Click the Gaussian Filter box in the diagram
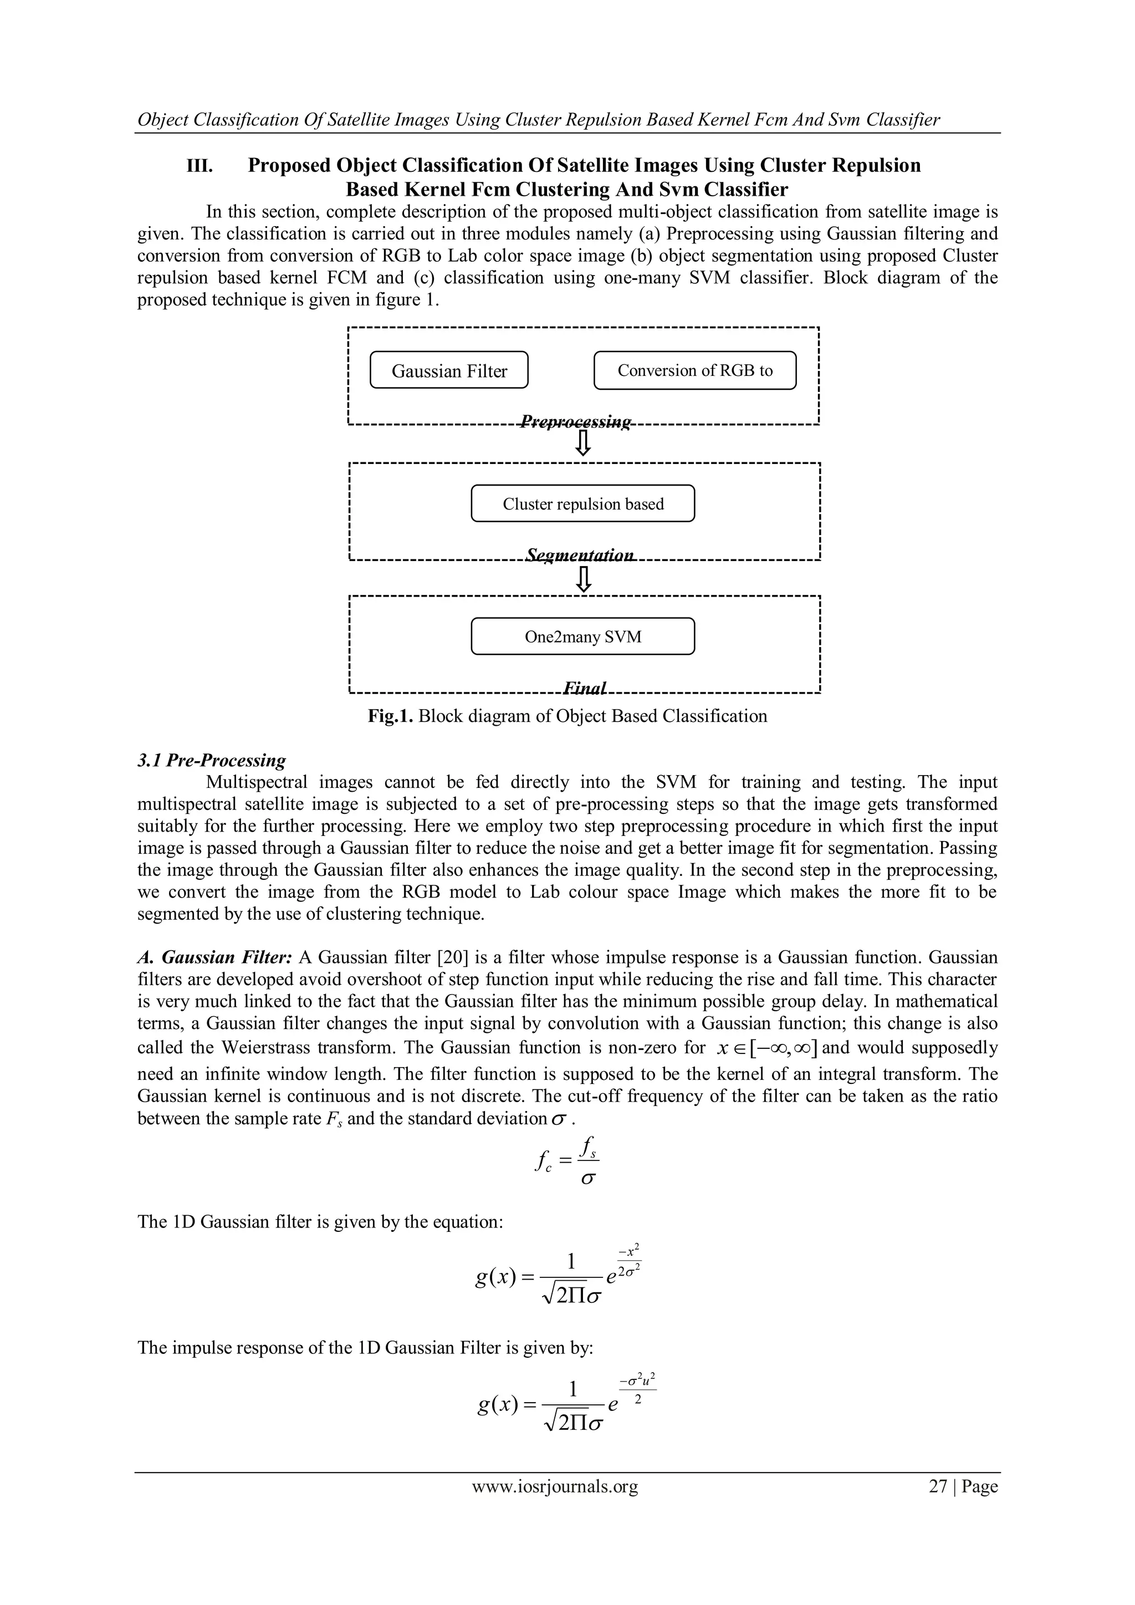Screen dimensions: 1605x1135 449,370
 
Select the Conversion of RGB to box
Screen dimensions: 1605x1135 695,370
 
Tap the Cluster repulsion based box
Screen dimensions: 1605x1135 583,504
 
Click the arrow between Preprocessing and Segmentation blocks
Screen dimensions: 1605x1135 583,443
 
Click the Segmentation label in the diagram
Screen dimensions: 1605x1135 580,556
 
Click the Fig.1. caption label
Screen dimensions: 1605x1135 391,716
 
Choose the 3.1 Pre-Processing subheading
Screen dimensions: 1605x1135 212,761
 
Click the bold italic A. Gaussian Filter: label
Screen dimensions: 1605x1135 214,957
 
